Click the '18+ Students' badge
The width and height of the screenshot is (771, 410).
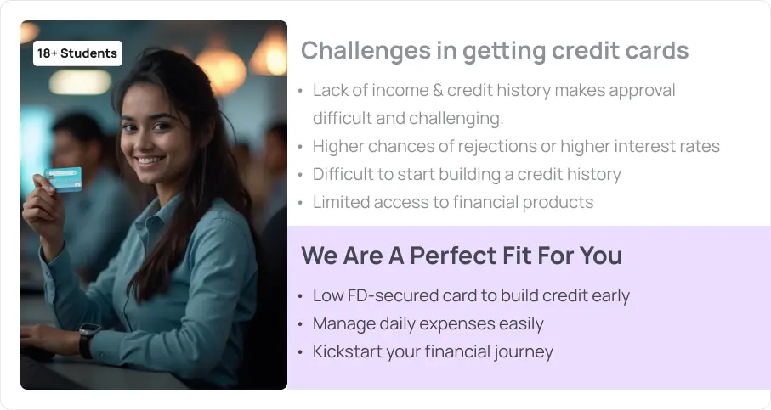[77, 53]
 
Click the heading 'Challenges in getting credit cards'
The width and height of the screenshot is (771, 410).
[495, 51]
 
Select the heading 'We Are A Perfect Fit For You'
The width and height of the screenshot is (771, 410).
[462, 256]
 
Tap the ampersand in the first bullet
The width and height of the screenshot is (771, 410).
[438, 90]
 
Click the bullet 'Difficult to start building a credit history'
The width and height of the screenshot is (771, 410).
[467, 174]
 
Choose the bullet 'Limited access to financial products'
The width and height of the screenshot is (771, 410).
[453, 202]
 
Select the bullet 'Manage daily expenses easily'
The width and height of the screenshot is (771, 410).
[428, 323]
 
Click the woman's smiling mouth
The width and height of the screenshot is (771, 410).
[150, 160]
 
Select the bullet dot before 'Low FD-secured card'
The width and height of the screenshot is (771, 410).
[300, 296]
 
